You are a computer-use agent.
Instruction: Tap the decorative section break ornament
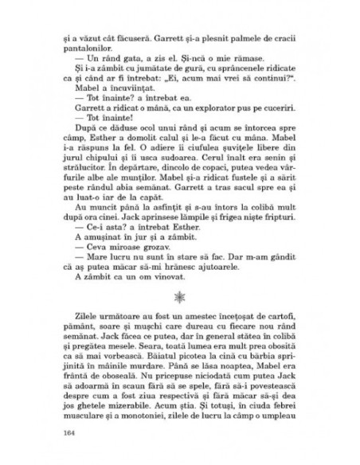[179, 295]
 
